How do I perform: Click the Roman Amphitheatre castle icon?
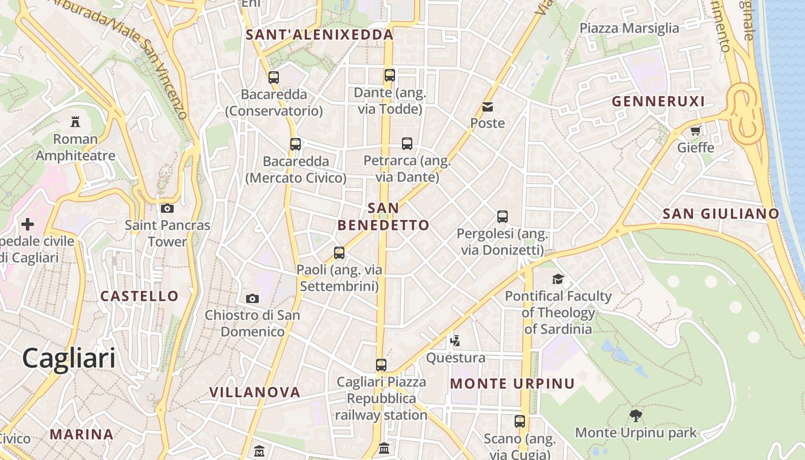[x=75, y=121]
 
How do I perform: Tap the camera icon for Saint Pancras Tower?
[x=167, y=208]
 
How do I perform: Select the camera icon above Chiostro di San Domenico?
[x=252, y=298]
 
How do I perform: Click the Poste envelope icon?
[x=488, y=106]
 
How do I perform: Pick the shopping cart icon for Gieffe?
[x=695, y=131]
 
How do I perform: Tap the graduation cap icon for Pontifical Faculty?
[x=558, y=279]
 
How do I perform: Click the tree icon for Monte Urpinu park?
[x=635, y=416]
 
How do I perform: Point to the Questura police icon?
[x=455, y=340]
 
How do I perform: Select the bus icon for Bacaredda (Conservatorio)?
[x=274, y=77]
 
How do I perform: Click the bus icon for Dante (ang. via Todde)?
[x=390, y=75]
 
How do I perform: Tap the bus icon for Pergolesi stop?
[x=503, y=217]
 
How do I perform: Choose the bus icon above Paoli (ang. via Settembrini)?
[x=339, y=252]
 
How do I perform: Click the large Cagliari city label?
[x=69, y=358]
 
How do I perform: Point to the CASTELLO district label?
[x=140, y=296]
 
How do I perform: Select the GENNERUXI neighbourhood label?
[x=658, y=102]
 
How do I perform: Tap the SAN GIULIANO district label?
[x=721, y=214]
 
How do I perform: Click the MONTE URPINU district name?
[x=512, y=384]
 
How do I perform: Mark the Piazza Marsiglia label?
[x=629, y=28]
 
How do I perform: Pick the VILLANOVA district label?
[x=255, y=392]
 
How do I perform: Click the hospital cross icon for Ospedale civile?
[x=28, y=224]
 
